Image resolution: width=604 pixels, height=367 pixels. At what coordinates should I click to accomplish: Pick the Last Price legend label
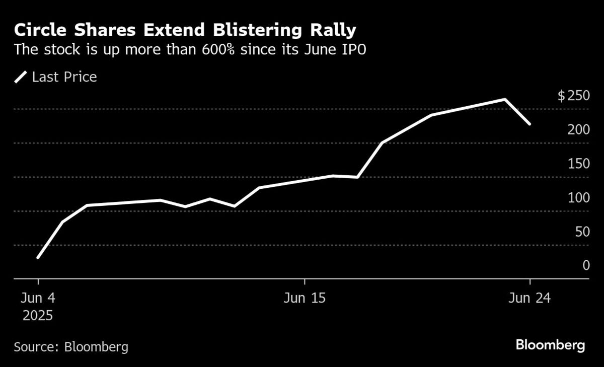pos(64,77)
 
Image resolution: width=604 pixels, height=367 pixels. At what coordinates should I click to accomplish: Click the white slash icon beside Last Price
pos(21,77)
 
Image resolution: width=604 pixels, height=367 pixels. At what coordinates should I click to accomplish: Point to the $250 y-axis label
pos(573,96)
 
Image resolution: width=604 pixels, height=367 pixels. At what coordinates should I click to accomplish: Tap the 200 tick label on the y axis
pos(578,129)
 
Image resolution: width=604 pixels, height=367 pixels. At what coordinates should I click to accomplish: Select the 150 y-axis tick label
pos(578,164)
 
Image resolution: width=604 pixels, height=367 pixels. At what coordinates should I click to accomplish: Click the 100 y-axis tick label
pos(578,197)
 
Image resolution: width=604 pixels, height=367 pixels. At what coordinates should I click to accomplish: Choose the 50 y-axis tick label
pos(582,232)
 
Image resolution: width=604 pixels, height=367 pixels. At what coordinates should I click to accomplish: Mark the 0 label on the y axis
pos(586,265)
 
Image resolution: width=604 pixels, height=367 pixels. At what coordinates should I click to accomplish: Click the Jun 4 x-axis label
pos(36,298)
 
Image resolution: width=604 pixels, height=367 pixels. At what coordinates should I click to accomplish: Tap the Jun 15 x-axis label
pos(305,298)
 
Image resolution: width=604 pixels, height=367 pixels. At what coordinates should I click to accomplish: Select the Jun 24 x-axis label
pos(530,298)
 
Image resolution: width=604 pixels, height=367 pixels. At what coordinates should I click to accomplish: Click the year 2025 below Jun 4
pos(36,316)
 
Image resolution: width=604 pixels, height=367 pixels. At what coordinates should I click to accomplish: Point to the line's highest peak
pos(504,100)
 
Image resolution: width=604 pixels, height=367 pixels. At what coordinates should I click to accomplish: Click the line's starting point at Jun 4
pos(38,257)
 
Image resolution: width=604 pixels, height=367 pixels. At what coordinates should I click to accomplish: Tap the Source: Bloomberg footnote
pos(71,347)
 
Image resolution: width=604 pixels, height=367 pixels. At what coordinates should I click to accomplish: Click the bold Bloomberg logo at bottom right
pos(550,345)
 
